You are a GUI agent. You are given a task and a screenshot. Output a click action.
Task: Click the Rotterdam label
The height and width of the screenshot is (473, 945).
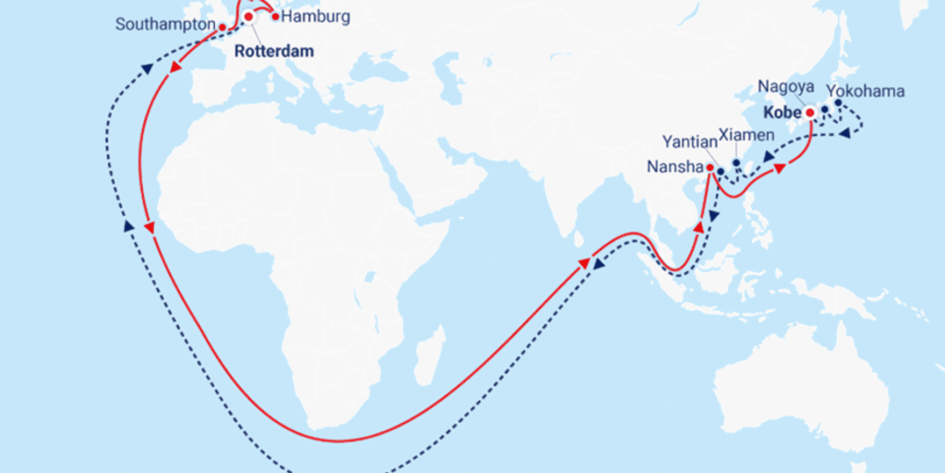tap(273, 51)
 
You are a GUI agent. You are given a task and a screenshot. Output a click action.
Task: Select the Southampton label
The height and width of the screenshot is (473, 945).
tap(165, 25)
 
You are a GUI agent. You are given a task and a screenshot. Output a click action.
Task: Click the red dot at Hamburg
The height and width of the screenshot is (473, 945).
tap(275, 16)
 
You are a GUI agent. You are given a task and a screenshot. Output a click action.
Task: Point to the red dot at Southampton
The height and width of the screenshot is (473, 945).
tap(221, 27)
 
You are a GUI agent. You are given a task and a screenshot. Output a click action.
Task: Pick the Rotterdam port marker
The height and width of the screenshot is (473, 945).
tap(249, 17)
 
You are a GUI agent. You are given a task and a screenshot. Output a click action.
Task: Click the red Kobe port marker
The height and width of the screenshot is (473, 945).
tap(810, 112)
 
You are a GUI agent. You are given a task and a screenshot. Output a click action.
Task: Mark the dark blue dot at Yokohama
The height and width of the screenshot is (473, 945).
tap(838, 103)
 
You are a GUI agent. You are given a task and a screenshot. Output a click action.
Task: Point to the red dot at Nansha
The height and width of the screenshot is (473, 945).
tap(710, 167)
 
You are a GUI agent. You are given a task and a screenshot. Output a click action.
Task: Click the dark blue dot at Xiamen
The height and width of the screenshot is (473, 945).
tap(736, 163)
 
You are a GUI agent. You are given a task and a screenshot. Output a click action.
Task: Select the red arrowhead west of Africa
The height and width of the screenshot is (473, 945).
tap(150, 228)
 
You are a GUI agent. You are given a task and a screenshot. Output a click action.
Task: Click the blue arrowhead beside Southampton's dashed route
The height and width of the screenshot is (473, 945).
tap(143, 67)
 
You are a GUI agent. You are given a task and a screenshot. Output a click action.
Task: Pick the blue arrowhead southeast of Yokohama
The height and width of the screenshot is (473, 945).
tap(845, 133)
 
